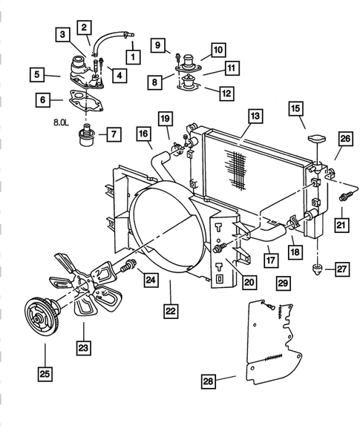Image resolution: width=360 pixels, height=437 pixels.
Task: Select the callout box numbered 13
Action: [255, 116]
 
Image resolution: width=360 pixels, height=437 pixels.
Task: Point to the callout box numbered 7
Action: [114, 134]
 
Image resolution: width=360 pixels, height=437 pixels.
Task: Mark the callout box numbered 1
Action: [134, 56]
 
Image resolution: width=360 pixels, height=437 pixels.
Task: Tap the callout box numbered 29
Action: [282, 283]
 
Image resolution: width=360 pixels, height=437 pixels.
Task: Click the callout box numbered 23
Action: [84, 346]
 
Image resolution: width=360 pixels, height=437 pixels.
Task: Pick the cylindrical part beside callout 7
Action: [88, 136]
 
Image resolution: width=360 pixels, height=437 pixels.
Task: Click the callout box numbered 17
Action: [271, 260]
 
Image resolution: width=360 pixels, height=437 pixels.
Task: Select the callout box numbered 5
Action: [35, 74]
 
